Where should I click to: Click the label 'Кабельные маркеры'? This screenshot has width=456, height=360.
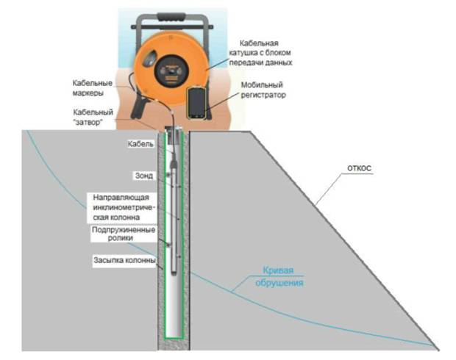[93, 87]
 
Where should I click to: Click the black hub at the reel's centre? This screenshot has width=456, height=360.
[168, 70]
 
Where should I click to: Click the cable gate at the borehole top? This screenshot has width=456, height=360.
[174, 132]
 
